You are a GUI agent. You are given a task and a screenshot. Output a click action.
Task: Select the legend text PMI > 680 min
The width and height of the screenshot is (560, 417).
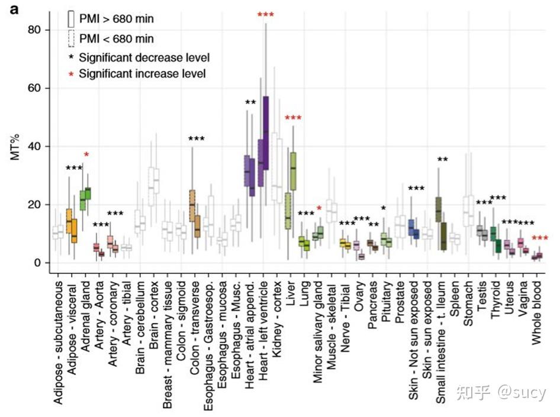116,19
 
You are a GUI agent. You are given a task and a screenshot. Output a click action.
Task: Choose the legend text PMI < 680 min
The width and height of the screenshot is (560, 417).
116,39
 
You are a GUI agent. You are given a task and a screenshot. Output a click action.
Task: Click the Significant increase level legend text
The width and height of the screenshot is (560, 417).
142,74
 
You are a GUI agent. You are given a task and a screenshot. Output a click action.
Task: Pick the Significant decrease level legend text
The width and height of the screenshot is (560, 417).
144,57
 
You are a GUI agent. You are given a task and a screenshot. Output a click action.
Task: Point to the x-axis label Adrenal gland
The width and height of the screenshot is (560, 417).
86,311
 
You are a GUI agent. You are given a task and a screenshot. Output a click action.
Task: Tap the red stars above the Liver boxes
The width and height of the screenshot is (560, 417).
293,118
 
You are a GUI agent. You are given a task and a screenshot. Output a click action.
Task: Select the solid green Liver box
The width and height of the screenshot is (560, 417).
292,172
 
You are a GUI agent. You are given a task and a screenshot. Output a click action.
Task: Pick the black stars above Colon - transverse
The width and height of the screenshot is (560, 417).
197,139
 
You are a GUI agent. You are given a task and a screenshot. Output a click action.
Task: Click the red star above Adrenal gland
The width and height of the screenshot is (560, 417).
86,154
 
